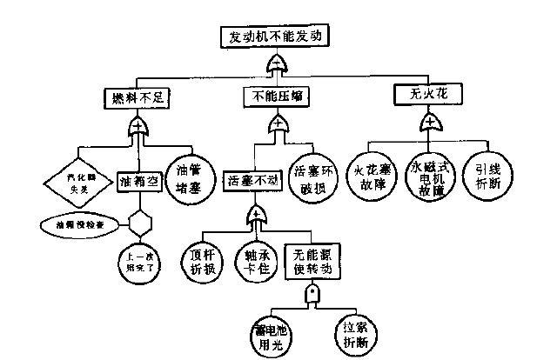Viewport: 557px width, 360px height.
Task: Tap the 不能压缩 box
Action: (276, 97)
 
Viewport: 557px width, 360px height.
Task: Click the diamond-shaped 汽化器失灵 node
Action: (77, 182)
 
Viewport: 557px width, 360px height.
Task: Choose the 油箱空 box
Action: (137, 182)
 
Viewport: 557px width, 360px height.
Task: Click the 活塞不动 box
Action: (252, 182)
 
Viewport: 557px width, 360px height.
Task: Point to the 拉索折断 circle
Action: (357, 330)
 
